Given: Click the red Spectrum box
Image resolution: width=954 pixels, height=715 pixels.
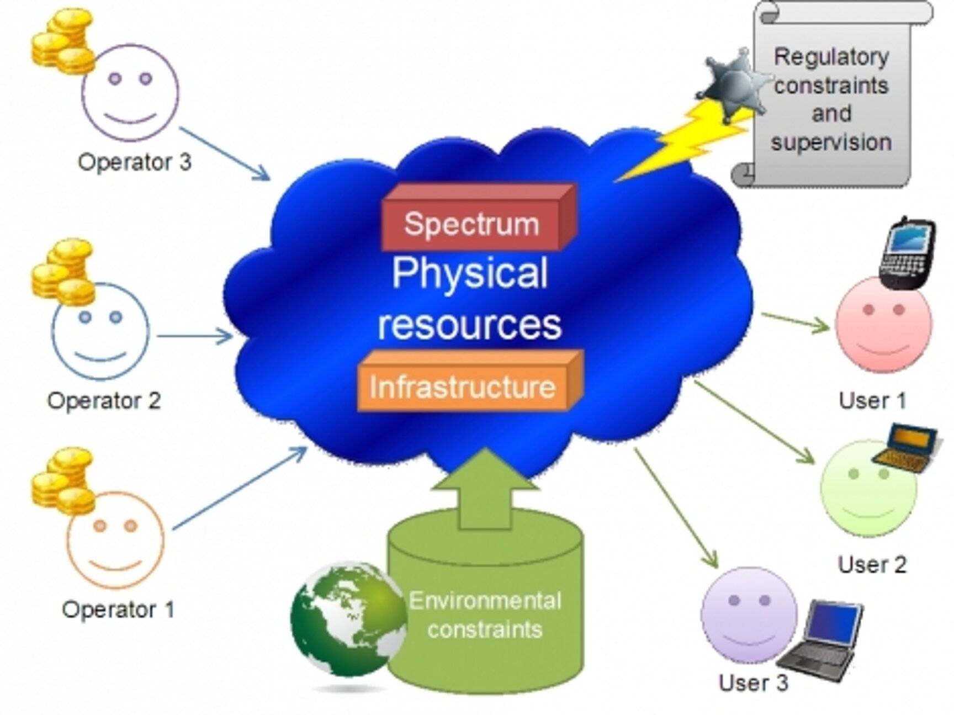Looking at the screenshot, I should coord(473,224).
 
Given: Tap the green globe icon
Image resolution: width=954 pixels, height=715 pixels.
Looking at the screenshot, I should coord(348,618).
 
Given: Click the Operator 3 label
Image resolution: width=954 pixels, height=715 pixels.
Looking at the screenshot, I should coord(134,162).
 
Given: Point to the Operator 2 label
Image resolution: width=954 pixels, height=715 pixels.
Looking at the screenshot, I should coord(104,400).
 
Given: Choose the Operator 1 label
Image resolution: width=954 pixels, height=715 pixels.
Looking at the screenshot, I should coord(118,610).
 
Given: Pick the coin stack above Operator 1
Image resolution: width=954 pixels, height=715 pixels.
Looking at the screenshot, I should coord(62,480).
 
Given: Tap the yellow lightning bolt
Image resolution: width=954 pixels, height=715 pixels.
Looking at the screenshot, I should coord(685,141).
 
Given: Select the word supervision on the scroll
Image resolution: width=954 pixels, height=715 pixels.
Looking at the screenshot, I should coord(831,142).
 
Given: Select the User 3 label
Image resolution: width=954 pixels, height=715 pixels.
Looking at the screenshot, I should coord(753,682).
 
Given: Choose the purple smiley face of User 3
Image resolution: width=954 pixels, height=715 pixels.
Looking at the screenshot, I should coord(749,614).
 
